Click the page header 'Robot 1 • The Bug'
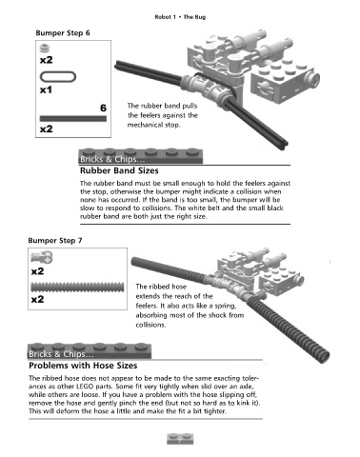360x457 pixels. [x=180, y=17]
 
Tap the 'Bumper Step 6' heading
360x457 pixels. [x=63, y=33]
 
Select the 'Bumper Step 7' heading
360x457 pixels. [x=55, y=241]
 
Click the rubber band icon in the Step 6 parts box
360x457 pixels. [x=58, y=77]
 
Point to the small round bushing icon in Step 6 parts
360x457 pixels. [x=45, y=48]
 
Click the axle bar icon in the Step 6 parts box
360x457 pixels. [x=73, y=119]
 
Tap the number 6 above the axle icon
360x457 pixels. [x=103, y=108]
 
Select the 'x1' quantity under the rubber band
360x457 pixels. [x=46, y=90]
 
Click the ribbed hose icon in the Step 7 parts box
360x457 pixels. [x=77, y=288]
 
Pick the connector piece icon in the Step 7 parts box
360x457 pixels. [x=42, y=257]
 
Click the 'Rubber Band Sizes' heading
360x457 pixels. [x=119, y=170]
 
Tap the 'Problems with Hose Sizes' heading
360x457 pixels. [x=83, y=366]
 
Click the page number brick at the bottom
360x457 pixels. [x=180, y=439]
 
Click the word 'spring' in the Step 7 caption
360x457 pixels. [x=225, y=307]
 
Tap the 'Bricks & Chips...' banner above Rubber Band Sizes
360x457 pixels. [x=140, y=156]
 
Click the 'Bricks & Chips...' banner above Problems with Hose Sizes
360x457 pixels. [x=90, y=351]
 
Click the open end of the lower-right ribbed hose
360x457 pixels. [x=324, y=356]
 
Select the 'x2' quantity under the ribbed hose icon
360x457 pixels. [x=37, y=299]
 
